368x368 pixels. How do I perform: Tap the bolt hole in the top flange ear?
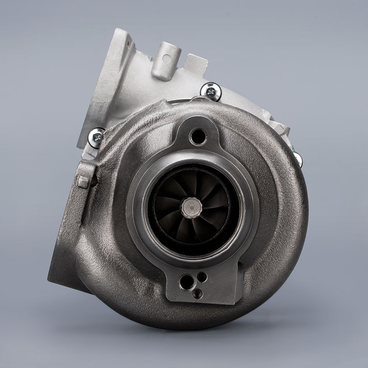point(197,136)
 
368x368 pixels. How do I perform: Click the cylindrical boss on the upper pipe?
point(167,61)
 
